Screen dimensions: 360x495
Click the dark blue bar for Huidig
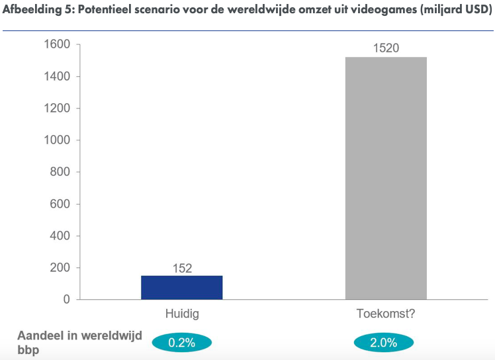pos(182,287)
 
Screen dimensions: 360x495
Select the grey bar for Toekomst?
pos(386,178)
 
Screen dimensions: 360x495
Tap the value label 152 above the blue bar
pos(182,268)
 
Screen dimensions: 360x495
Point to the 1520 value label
pos(386,48)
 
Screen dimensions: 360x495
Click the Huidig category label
pos(182,314)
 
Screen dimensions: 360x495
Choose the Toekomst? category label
pos(386,314)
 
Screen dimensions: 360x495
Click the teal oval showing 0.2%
pos(182,343)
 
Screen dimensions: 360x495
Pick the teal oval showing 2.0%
pos(384,343)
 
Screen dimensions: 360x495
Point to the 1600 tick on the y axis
pos(57,45)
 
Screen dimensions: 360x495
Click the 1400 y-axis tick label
pos(57,77)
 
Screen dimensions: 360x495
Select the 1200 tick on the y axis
pos(57,109)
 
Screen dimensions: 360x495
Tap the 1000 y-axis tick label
pos(57,140)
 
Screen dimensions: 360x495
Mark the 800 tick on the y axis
pos(60,172)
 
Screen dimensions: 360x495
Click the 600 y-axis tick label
pos(60,204)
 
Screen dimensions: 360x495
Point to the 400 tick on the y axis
pos(60,236)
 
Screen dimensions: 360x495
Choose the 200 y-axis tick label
pos(60,267)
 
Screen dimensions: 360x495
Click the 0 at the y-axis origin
pos(66,299)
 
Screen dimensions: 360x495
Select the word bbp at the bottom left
pos(28,350)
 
